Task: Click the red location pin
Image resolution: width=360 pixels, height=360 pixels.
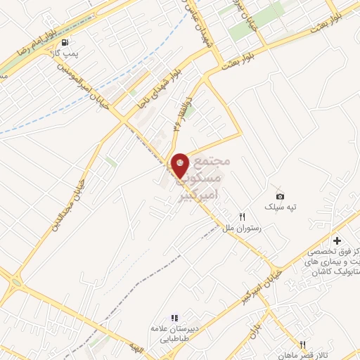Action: (180, 165)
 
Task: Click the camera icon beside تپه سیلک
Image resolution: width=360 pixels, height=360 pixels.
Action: (280, 195)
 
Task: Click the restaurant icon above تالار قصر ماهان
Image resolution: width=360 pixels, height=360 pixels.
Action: (302, 345)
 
